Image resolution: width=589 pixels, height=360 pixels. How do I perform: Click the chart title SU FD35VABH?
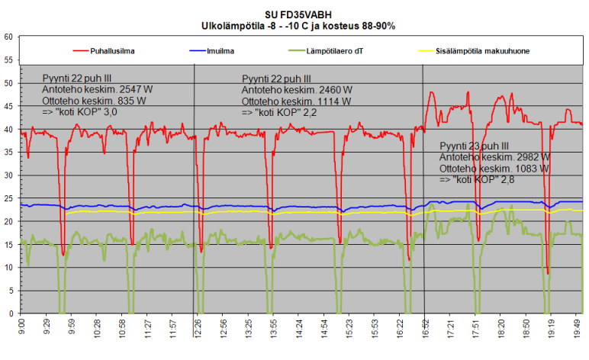tap(294, 14)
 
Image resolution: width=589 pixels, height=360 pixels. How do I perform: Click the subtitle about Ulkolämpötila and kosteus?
tap(294, 25)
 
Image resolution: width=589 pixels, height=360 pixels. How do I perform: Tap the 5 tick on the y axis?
tap(10, 291)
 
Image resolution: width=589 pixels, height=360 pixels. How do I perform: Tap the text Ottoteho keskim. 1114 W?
tap(296, 101)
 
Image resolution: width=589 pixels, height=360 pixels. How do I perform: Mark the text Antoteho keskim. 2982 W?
tap(494, 157)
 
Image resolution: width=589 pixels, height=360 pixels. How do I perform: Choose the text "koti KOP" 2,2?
tap(279, 112)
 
